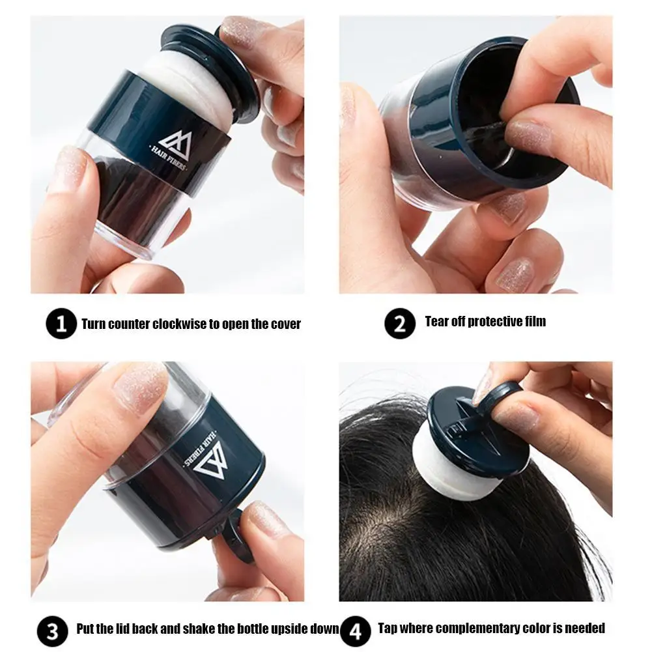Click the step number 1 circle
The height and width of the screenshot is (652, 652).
62,323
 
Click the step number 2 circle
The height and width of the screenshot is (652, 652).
400,323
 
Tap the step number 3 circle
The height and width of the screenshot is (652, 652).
52,631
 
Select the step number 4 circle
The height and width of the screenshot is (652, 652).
354,631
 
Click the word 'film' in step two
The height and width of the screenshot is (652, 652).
534,321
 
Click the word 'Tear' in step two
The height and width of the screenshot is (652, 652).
437,321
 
